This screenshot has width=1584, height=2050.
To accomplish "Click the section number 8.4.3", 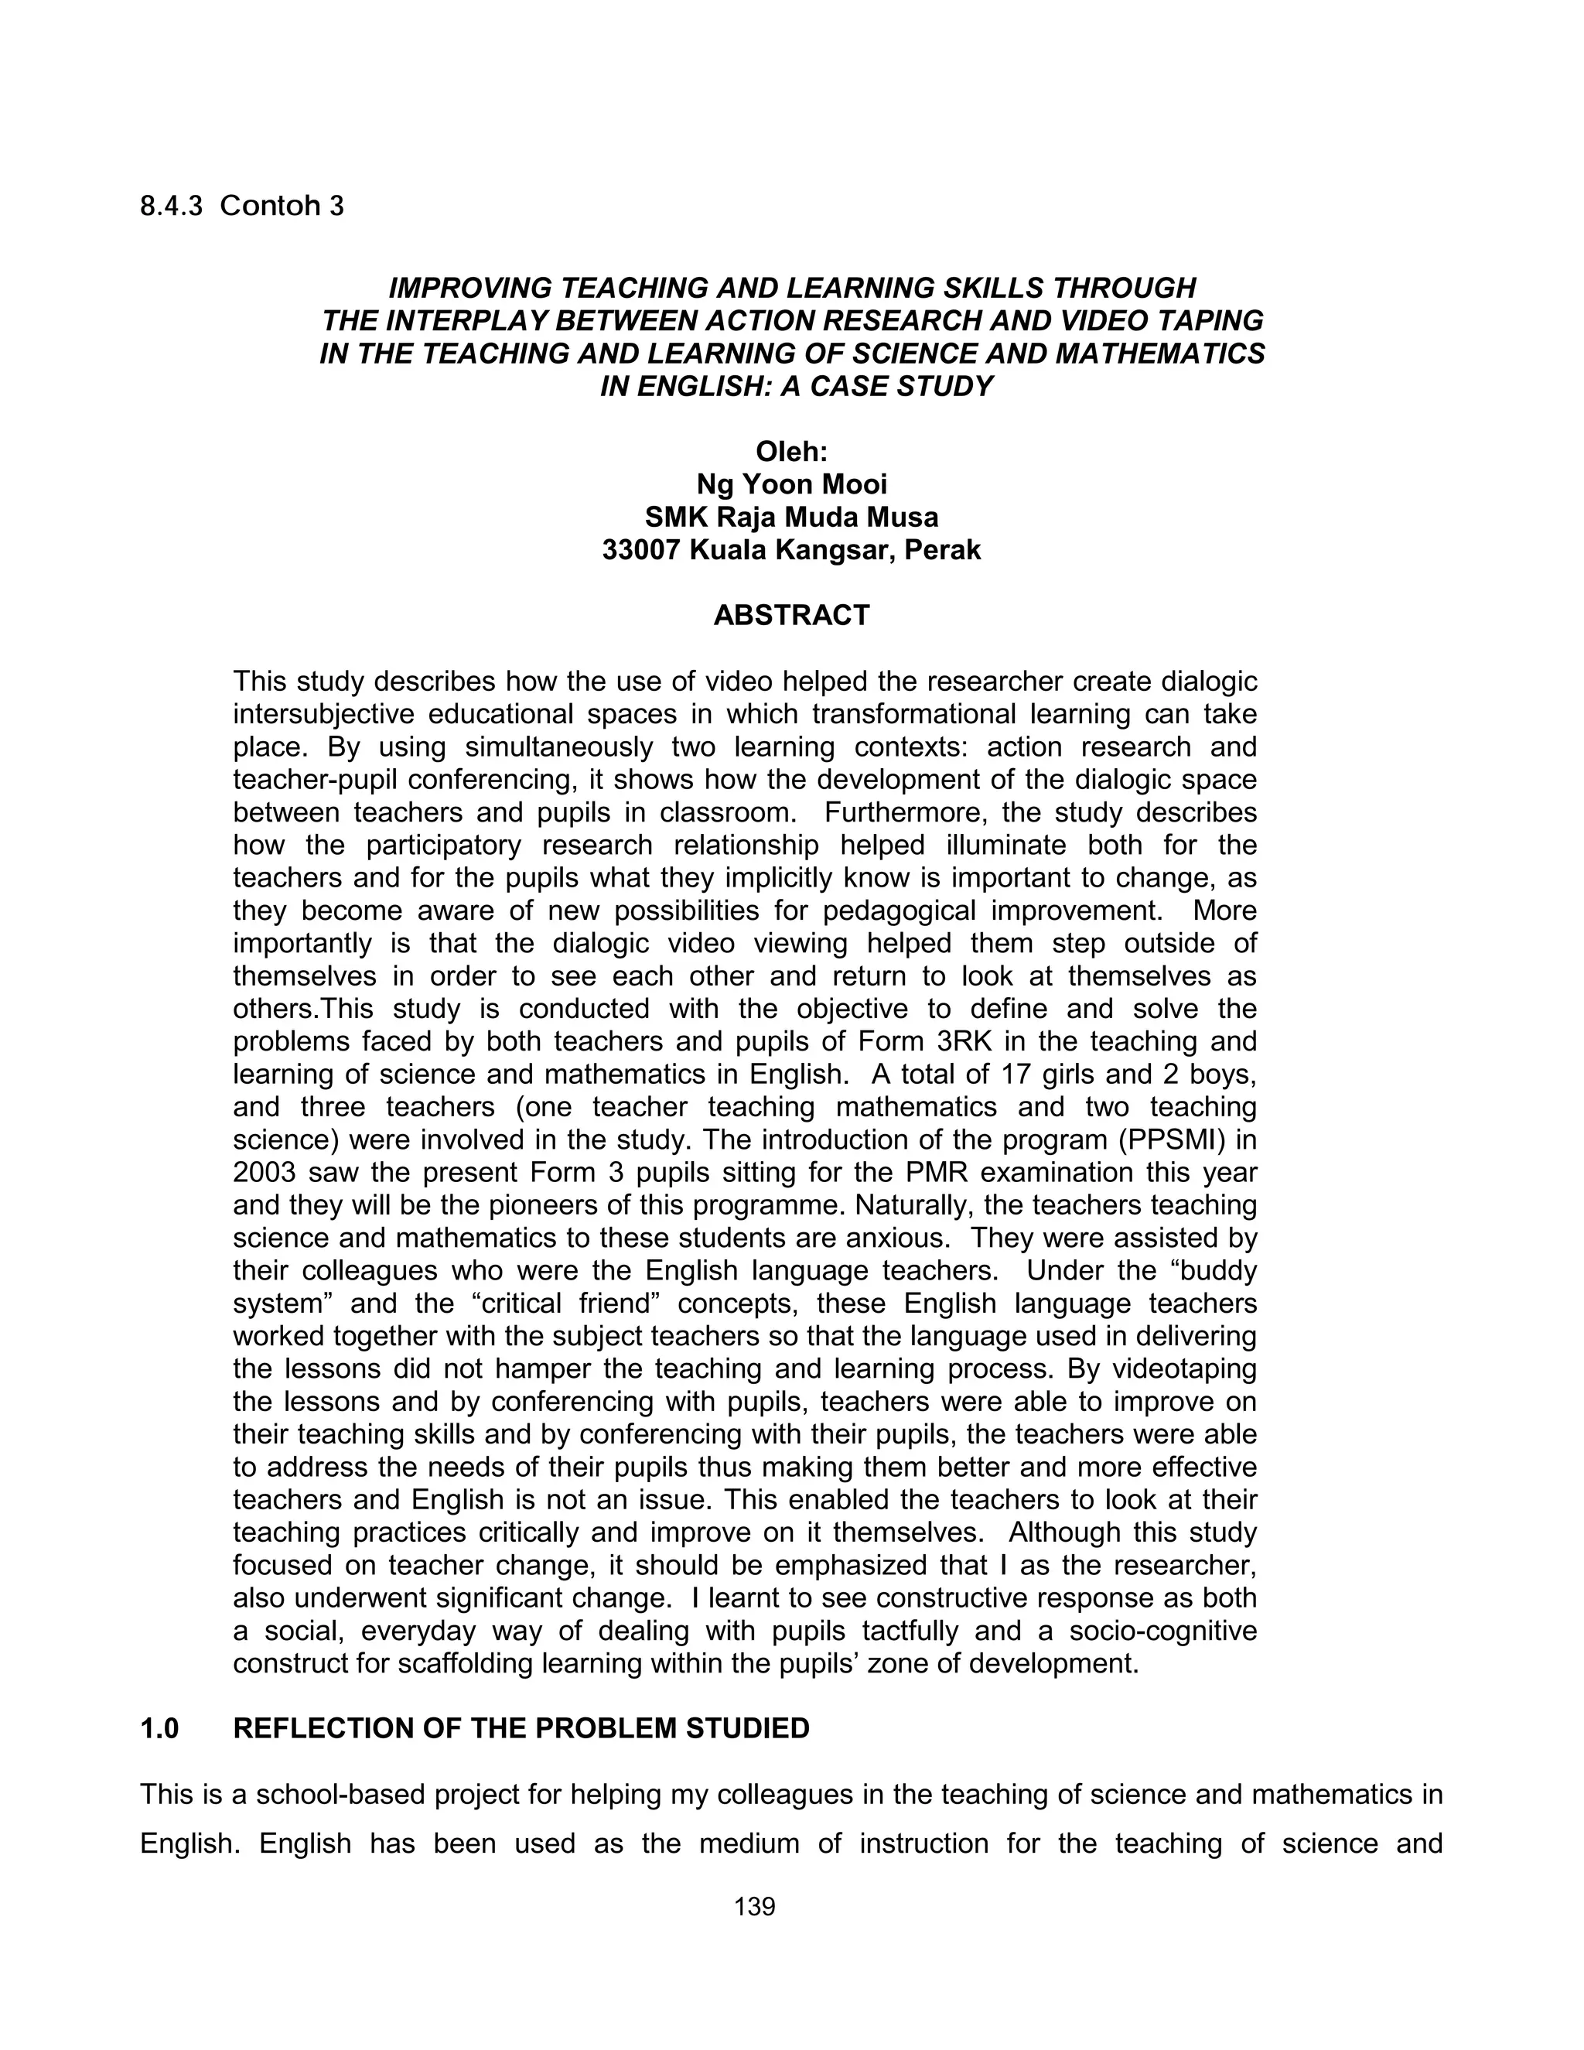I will coord(171,207).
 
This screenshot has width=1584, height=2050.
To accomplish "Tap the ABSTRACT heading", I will coord(791,616).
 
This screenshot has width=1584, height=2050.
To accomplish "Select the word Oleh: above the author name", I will coord(791,453).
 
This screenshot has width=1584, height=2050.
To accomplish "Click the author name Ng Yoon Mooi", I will coord(791,484).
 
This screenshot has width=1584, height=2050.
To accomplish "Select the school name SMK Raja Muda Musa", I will coord(791,518).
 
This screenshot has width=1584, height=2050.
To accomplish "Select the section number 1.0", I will coord(159,1729).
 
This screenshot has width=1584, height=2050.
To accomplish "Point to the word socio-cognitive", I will coord(1162,1631).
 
